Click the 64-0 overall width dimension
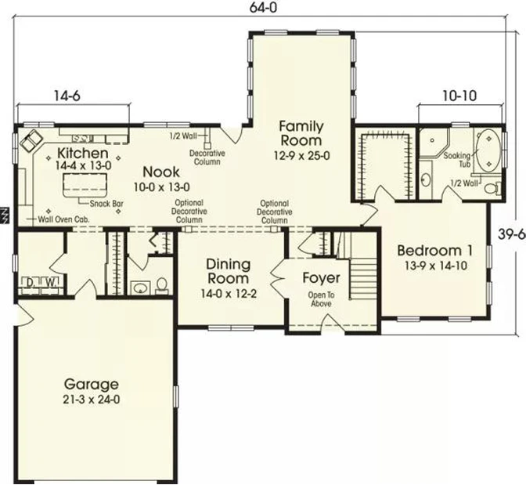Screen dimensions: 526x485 tap(263, 7)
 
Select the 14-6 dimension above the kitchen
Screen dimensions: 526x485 tap(67, 96)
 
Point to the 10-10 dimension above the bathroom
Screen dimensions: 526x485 tap(459, 96)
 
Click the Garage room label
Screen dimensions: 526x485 tap(91, 384)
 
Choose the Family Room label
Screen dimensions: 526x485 tap(301, 133)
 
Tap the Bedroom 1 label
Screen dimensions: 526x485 tap(434, 251)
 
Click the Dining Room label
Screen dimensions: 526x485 tap(228, 271)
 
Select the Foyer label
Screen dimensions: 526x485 tap(321, 278)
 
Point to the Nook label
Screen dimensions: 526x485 tap(161, 172)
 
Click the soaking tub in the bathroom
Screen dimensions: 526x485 tap(488, 150)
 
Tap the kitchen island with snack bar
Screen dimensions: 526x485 tap(85, 186)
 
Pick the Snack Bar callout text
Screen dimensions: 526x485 tap(106, 204)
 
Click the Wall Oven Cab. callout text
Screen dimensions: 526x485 tap(63, 219)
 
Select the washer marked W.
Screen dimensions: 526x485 tap(50, 284)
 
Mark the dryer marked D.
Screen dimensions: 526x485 tap(31, 284)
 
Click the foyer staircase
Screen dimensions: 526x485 tap(363, 278)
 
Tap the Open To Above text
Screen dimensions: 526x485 tap(321, 299)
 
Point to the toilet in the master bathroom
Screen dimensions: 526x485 tap(492, 188)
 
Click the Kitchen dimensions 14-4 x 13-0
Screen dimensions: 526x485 tap(84, 165)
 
